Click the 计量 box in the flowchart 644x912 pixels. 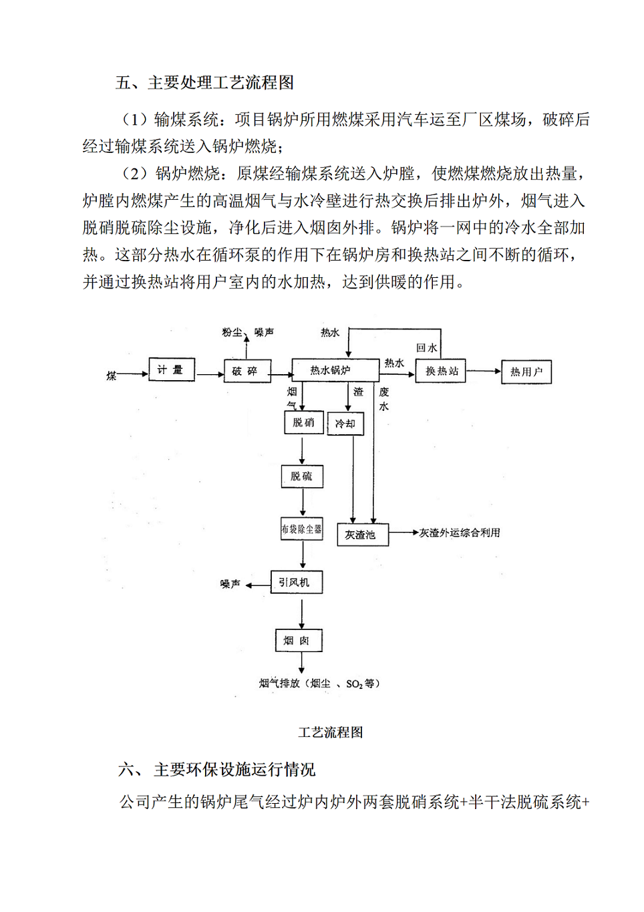click(x=172, y=369)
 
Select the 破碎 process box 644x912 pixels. click(x=246, y=371)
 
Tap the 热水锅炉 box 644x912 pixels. click(x=331, y=370)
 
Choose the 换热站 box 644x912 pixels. click(x=441, y=371)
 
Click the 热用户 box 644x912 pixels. click(x=526, y=371)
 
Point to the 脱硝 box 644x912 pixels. click(x=304, y=422)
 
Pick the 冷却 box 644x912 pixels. click(x=345, y=424)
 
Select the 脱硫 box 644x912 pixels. click(x=302, y=476)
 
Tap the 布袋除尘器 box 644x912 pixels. click(x=302, y=528)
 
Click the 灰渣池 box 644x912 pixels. click(x=363, y=535)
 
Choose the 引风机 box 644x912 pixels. click(x=296, y=582)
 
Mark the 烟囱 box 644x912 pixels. click(x=298, y=640)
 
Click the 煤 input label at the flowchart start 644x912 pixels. click(x=112, y=376)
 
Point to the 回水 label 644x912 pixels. click(x=426, y=347)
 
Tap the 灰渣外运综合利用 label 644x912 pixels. click(x=460, y=533)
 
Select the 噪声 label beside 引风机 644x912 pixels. click(x=230, y=584)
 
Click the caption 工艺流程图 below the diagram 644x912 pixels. click(x=330, y=732)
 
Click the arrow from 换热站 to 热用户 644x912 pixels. click(x=484, y=371)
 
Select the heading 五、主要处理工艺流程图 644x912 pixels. click(x=204, y=82)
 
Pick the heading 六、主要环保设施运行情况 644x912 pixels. click(x=216, y=770)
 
